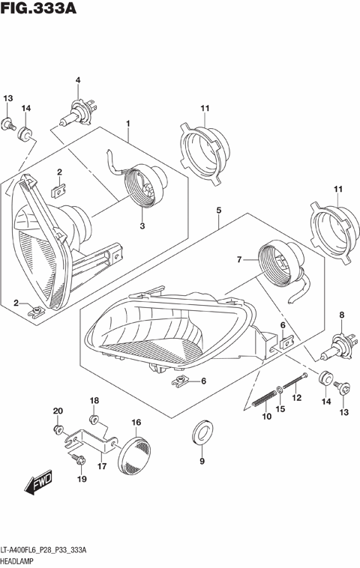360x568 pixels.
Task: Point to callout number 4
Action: click(77, 81)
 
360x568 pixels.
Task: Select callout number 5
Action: click(218, 211)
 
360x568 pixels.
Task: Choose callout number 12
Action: click(296, 397)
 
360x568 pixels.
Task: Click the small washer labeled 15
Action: click(279, 390)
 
